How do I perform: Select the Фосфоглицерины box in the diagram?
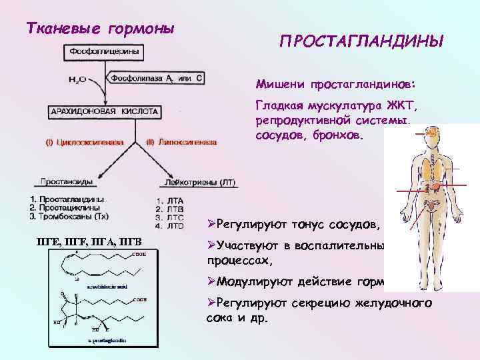(x=102, y=51)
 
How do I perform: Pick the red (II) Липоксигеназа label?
(x=181, y=142)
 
